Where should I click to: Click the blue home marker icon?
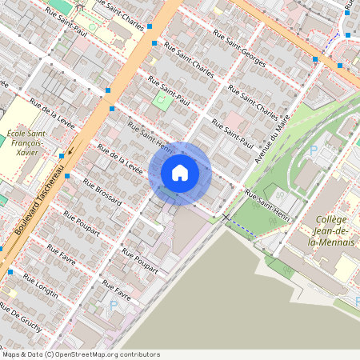click(x=179, y=173)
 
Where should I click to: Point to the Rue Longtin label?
click(x=42, y=285)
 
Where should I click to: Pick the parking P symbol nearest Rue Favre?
click(x=113, y=305)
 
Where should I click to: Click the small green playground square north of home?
click(x=162, y=101)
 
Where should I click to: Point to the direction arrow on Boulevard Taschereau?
click(x=70, y=148)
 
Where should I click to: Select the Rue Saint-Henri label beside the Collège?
click(x=267, y=206)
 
